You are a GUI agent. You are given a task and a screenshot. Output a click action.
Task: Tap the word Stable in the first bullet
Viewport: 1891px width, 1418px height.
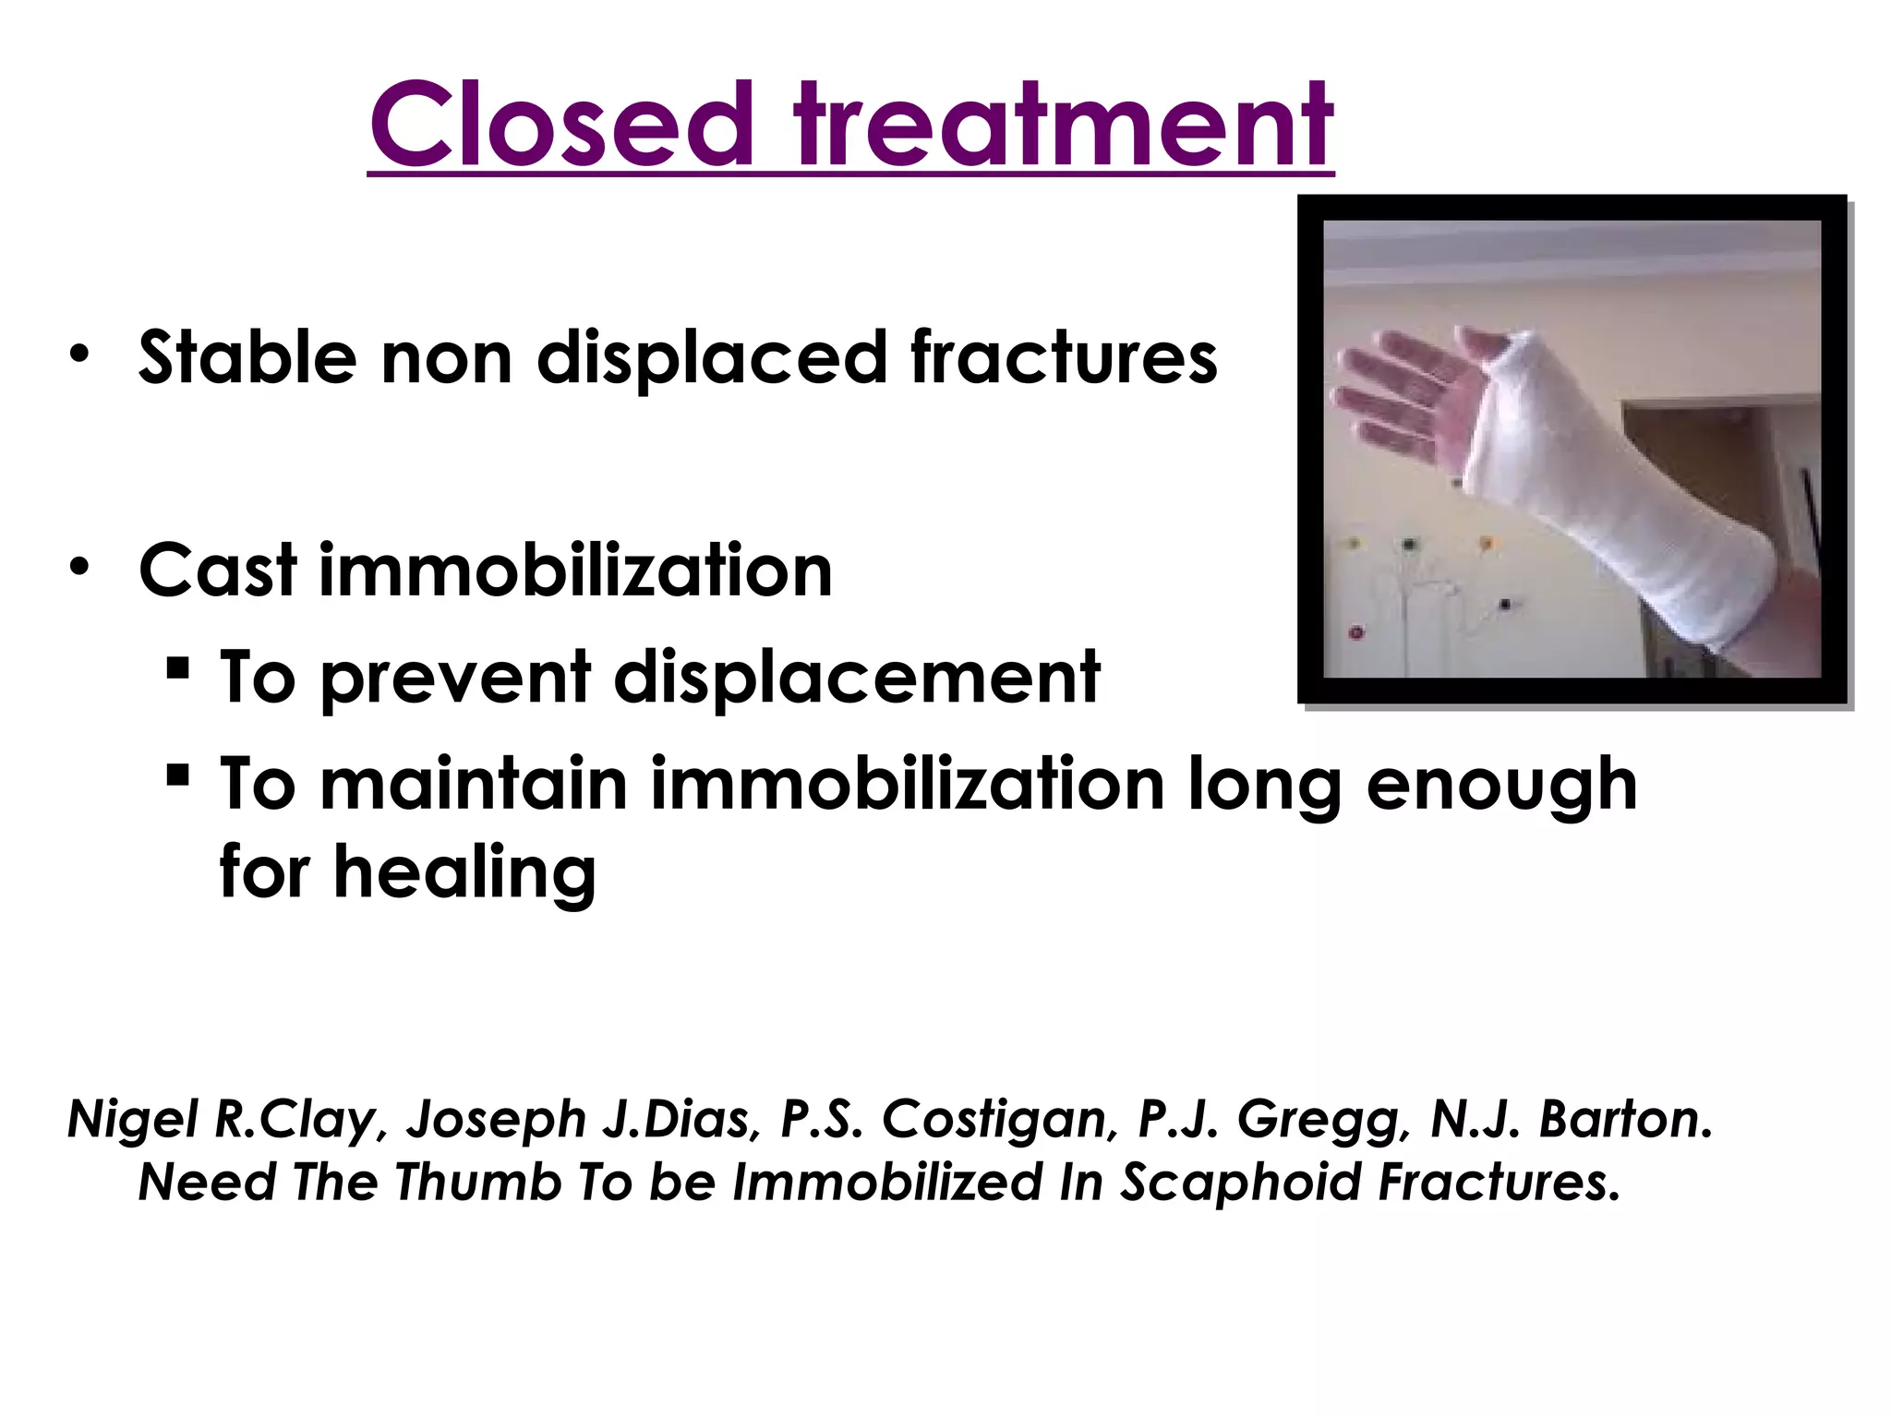click(247, 358)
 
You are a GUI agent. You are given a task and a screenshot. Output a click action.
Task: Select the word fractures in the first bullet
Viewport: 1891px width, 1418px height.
click(1064, 358)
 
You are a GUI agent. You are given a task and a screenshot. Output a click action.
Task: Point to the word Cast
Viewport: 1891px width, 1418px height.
click(218, 571)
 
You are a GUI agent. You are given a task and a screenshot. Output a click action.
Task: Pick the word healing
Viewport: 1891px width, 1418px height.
click(464, 872)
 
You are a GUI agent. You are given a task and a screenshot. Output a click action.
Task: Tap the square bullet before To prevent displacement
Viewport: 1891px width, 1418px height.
click(179, 667)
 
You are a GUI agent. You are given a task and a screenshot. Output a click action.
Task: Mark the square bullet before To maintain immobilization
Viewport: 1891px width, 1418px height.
click(179, 775)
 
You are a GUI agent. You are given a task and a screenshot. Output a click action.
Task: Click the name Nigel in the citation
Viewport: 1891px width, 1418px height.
click(133, 1120)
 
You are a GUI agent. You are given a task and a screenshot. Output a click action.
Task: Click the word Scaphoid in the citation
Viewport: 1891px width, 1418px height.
click(1242, 1183)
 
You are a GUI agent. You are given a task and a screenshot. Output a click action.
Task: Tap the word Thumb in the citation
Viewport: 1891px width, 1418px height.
click(478, 1183)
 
